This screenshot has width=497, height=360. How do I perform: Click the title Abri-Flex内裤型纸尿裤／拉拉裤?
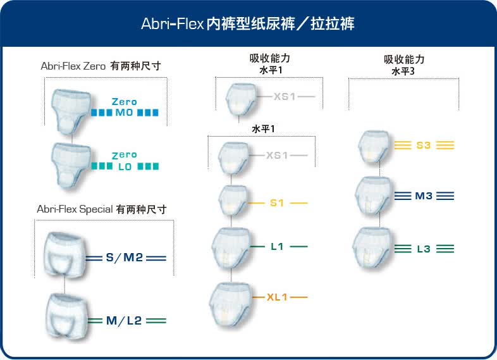[248, 25]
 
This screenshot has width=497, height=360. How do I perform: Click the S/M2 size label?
[124, 258]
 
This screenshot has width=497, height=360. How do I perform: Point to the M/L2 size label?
[124, 321]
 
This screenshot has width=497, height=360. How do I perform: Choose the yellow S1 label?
[277, 203]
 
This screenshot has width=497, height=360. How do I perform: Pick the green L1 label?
[277, 246]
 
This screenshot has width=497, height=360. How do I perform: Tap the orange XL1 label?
[277, 296]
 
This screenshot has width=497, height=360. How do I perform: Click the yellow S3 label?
[424, 145]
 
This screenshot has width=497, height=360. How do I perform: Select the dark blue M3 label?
[424, 196]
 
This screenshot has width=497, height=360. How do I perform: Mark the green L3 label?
[424, 249]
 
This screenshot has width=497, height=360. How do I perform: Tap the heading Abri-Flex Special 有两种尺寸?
[101, 209]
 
